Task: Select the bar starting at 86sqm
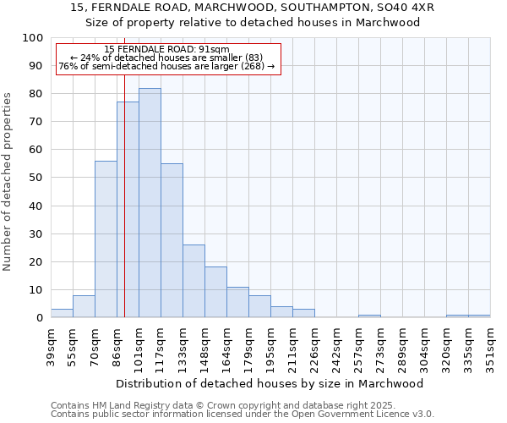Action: [128, 210]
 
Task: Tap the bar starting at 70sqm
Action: [106, 239]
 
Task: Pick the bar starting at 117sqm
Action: [172, 240]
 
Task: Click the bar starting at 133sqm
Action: [194, 281]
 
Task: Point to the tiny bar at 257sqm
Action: [369, 316]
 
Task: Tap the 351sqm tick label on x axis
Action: [490, 349]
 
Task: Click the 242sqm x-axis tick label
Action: [336, 349]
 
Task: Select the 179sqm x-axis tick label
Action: [248, 349]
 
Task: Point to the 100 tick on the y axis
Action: [33, 38]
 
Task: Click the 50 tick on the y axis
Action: [36, 178]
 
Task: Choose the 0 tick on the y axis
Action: [40, 318]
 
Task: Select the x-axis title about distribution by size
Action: [269, 384]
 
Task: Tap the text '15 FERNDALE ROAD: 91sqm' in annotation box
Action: [166, 50]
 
